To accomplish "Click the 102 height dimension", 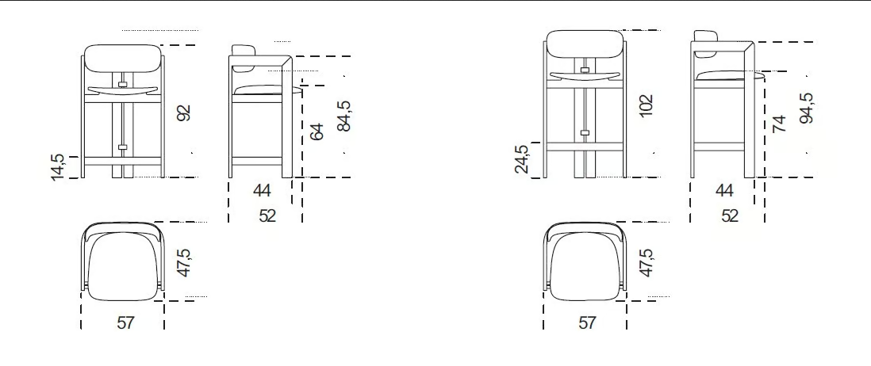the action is [646, 106].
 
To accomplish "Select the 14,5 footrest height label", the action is [58, 167].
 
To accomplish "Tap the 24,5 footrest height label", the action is [522, 159].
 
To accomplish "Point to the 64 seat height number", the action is [316, 132].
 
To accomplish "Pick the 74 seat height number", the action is [779, 123].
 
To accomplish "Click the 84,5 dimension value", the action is [344, 116].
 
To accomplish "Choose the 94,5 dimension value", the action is [807, 108].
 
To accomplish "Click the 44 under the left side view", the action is [262, 191].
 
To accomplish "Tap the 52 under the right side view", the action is [729, 215].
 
